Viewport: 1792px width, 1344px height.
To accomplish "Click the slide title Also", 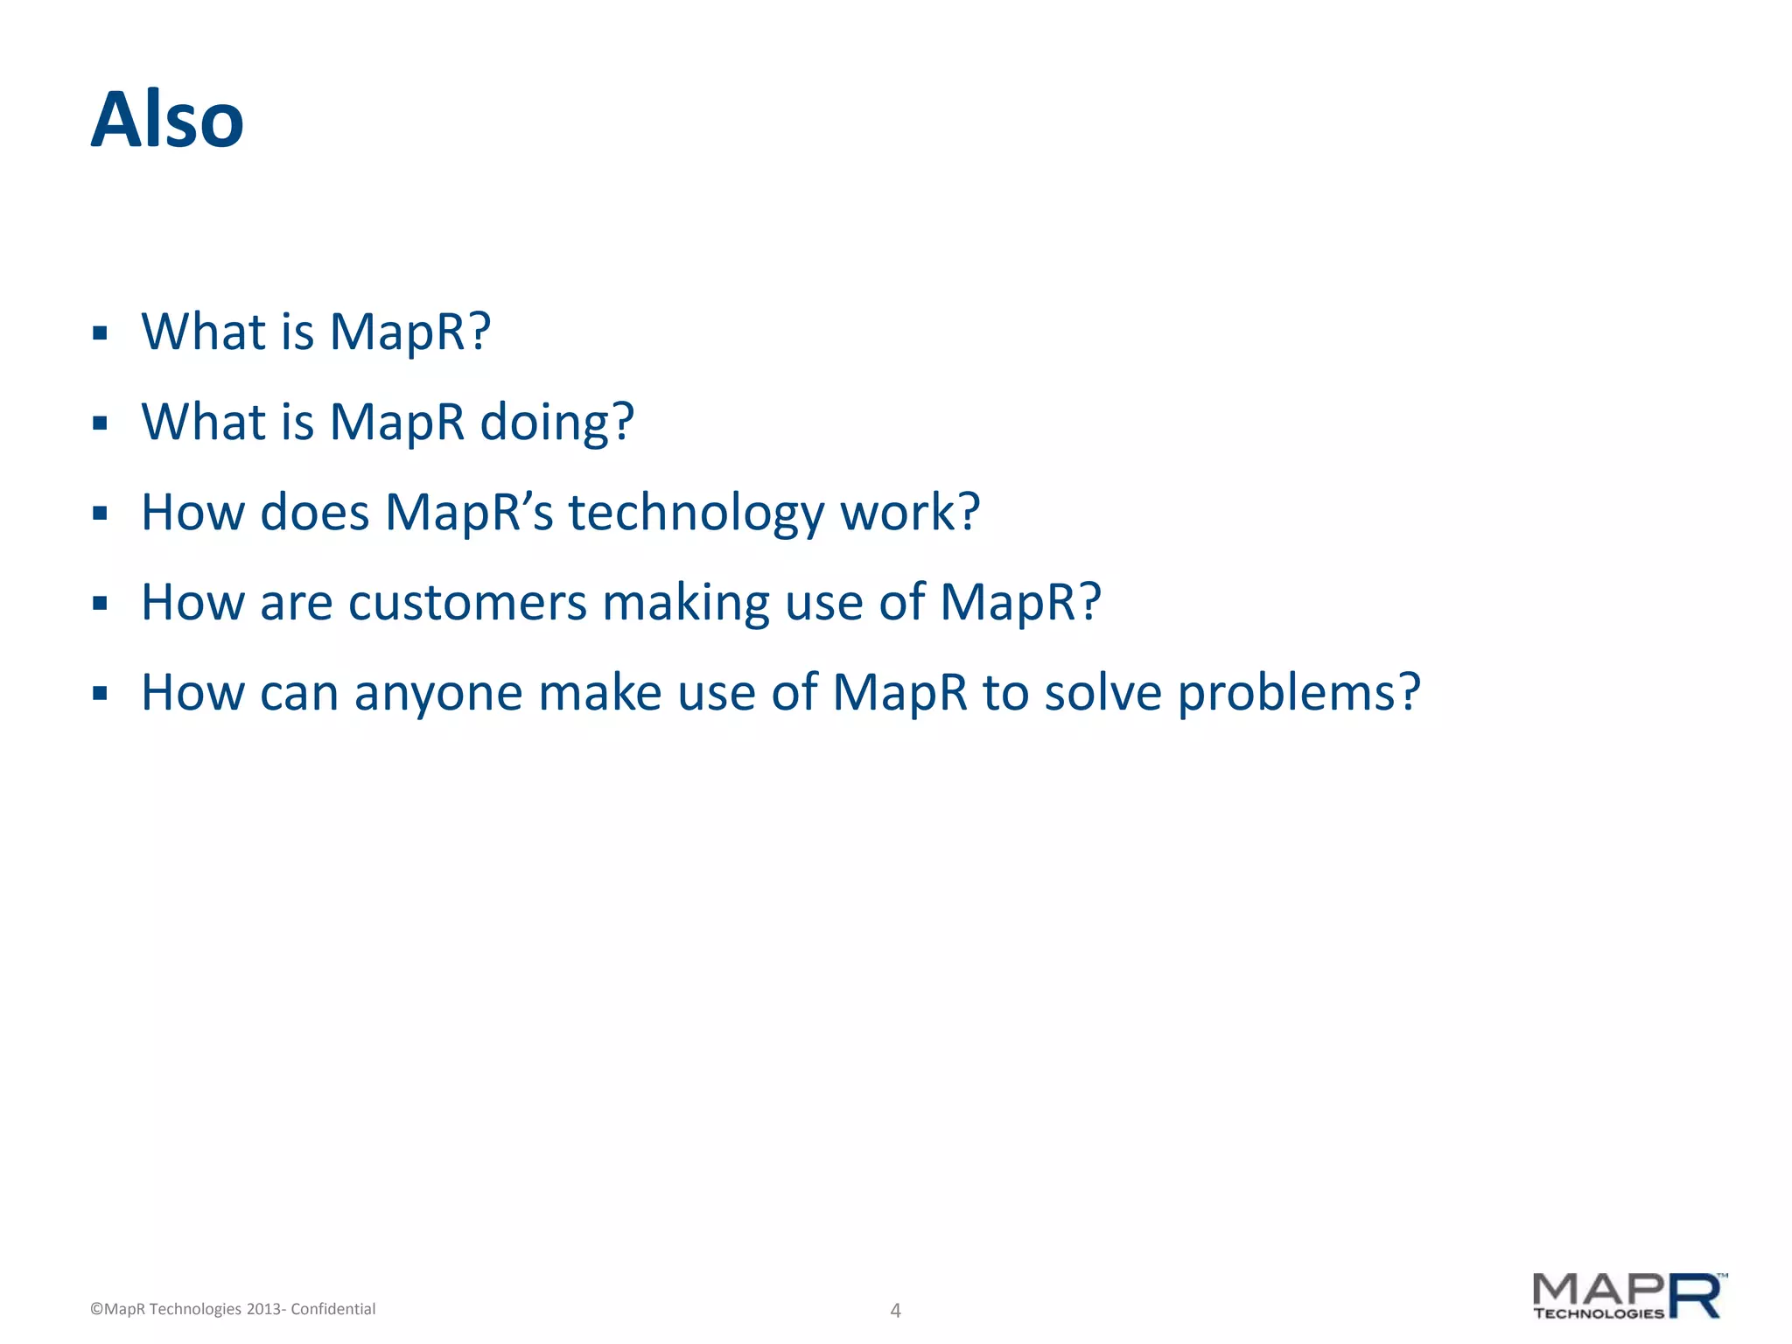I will tap(167, 121).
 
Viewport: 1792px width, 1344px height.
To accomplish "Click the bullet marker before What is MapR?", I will tap(100, 333).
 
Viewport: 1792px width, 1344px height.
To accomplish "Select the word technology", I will tap(696, 514).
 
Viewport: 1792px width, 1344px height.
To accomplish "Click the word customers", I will tap(467, 603).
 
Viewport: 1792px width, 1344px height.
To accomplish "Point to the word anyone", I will tap(437, 694).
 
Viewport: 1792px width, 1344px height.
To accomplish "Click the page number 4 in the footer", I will tap(895, 1310).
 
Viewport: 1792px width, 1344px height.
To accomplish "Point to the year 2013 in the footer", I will tap(262, 1309).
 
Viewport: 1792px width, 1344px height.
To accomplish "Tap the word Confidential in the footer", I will tap(332, 1309).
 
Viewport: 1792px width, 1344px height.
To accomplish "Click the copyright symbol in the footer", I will tap(96, 1309).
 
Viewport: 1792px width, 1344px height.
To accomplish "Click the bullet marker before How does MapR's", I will tap(100, 514).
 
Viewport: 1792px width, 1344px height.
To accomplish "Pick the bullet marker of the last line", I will tap(100, 694).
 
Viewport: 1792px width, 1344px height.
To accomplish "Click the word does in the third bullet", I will tap(314, 513).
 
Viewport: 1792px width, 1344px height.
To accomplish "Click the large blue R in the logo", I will tap(1695, 1296).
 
